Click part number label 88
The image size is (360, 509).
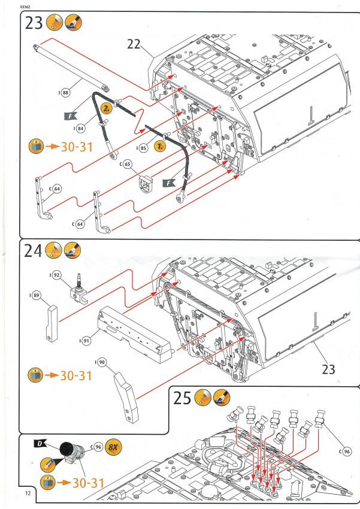tap(65, 93)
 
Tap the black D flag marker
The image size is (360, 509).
tap(40, 443)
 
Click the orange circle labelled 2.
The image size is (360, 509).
tap(106, 110)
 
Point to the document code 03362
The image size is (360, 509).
tap(26, 5)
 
